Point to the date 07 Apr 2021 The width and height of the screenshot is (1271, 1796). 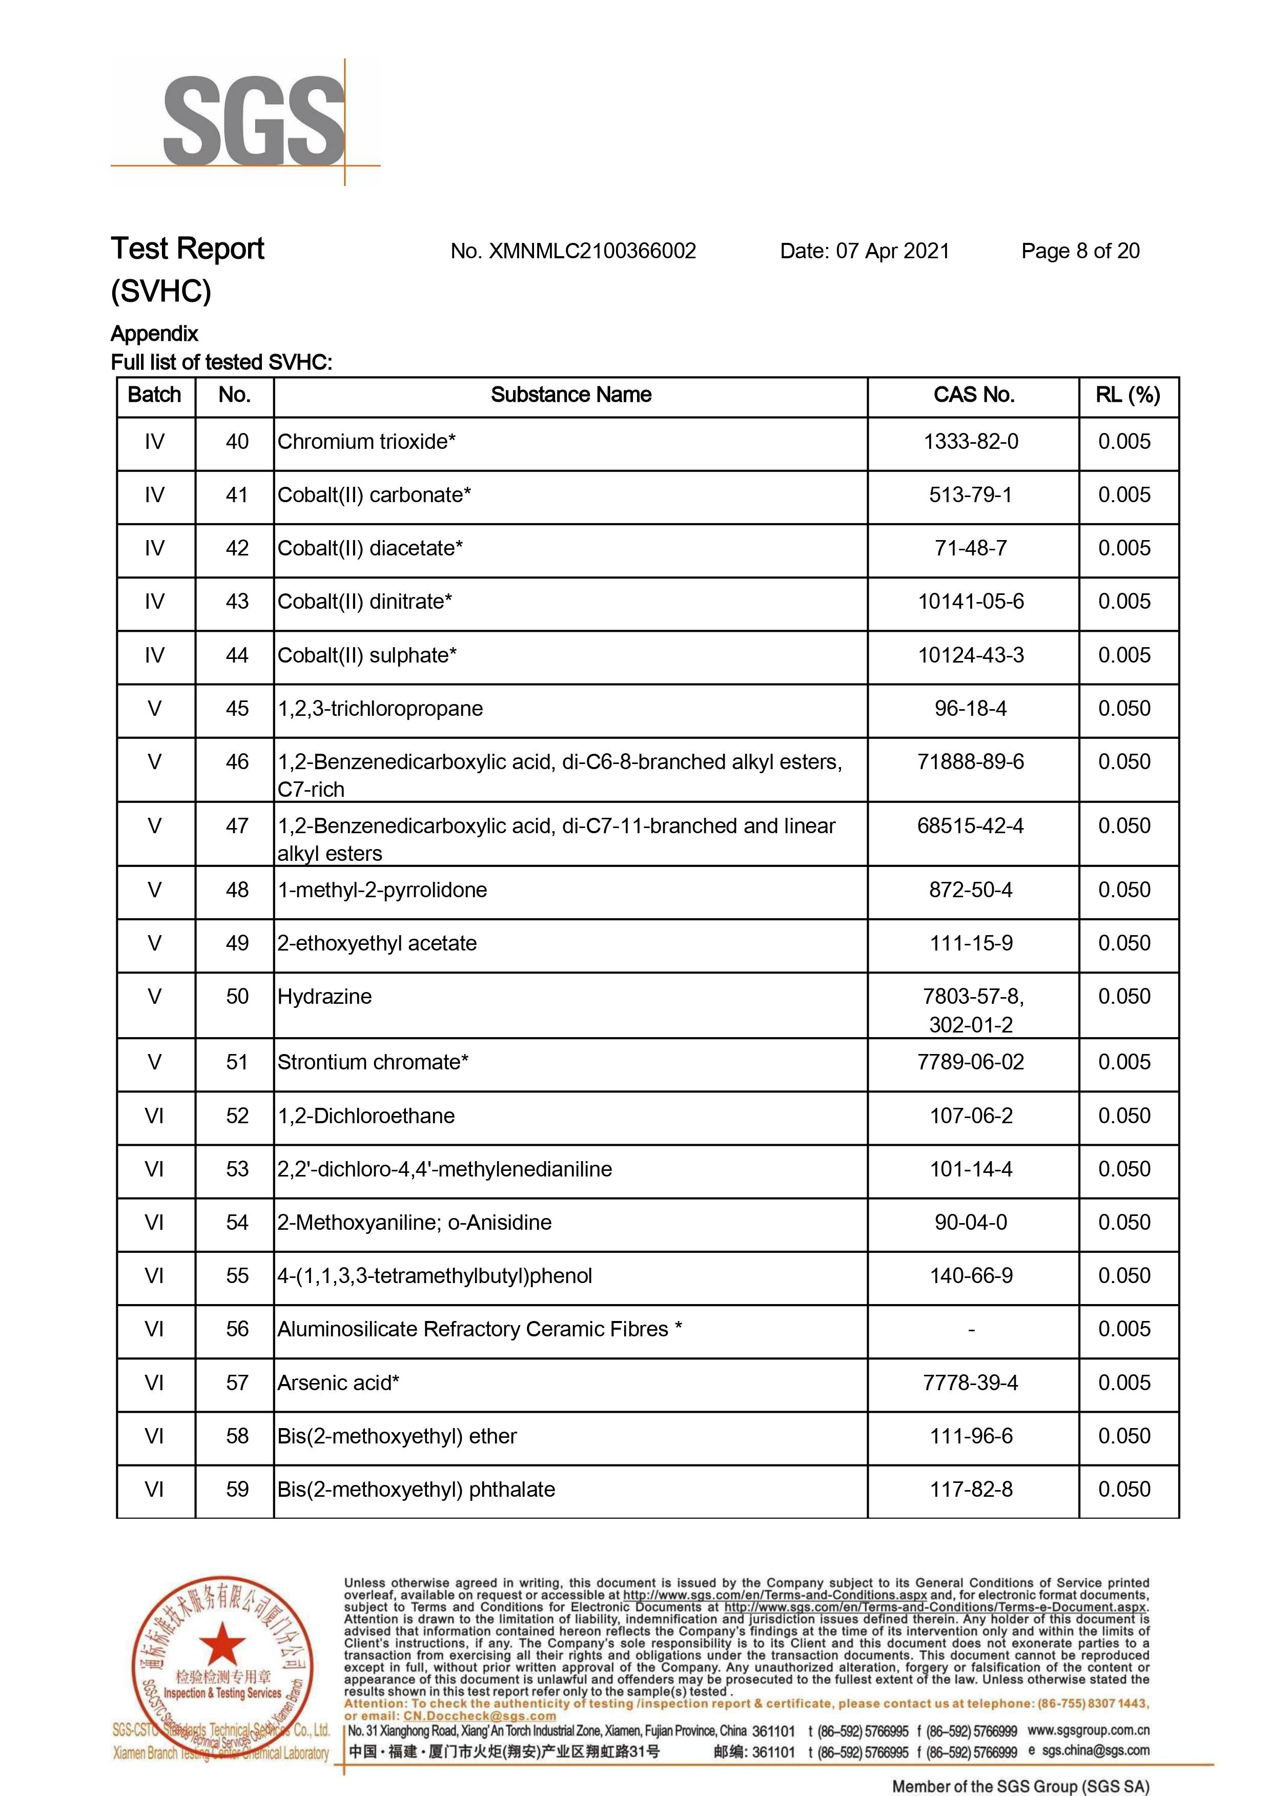(892, 251)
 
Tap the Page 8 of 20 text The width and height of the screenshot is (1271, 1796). (1080, 251)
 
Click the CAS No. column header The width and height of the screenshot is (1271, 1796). (974, 395)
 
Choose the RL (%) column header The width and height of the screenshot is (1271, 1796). (1128, 395)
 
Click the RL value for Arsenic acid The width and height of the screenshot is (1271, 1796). (1124, 1383)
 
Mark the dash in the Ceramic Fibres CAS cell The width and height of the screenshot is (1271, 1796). (971, 1330)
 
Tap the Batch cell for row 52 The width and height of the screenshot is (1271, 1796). (154, 1116)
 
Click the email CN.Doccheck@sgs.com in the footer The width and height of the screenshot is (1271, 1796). (480, 1716)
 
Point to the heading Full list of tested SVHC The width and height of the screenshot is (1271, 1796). (221, 362)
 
